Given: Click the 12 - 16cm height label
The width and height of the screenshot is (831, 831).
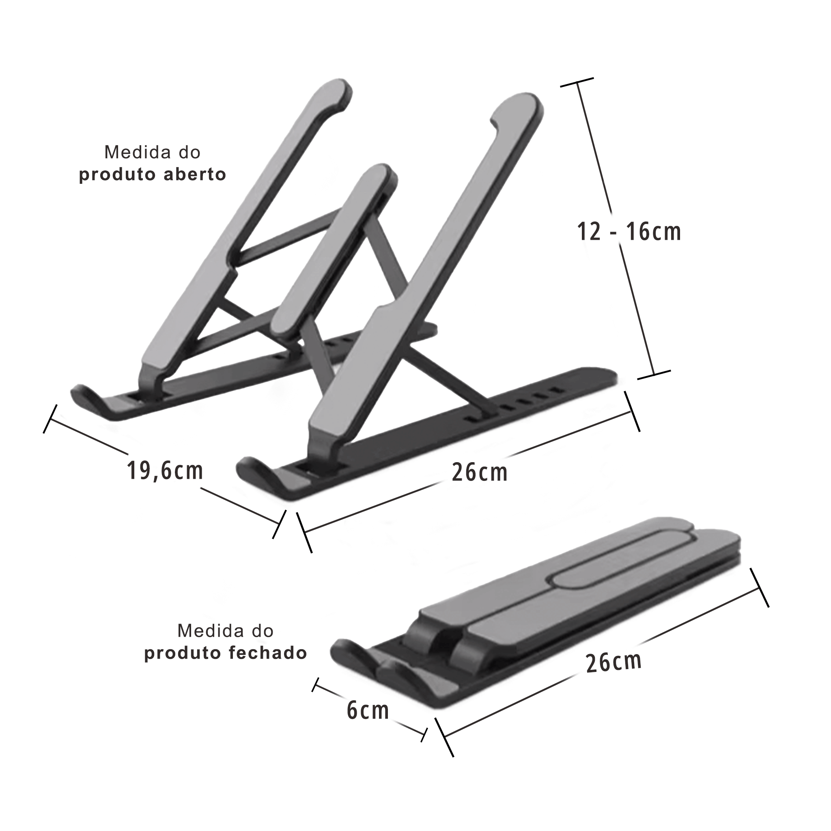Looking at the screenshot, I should tap(629, 232).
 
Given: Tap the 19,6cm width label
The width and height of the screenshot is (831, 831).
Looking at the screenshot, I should tap(165, 470).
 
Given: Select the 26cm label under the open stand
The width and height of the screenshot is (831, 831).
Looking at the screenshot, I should tap(479, 472).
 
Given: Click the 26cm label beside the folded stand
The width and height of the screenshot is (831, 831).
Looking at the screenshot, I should tap(614, 662).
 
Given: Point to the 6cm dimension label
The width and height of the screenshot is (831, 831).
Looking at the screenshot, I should tap(368, 710).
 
